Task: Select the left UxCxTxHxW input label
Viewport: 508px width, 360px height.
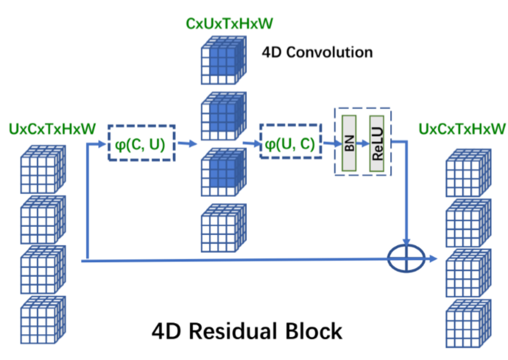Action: coord(52,129)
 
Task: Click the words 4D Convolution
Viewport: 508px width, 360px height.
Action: coord(317,52)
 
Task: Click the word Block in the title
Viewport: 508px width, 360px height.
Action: coord(314,332)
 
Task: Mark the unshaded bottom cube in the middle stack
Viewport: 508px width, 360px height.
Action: coord(223,226)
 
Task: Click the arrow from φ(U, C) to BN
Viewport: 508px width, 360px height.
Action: coord(325,143)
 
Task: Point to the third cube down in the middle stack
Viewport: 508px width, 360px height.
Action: coord(223,172)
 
